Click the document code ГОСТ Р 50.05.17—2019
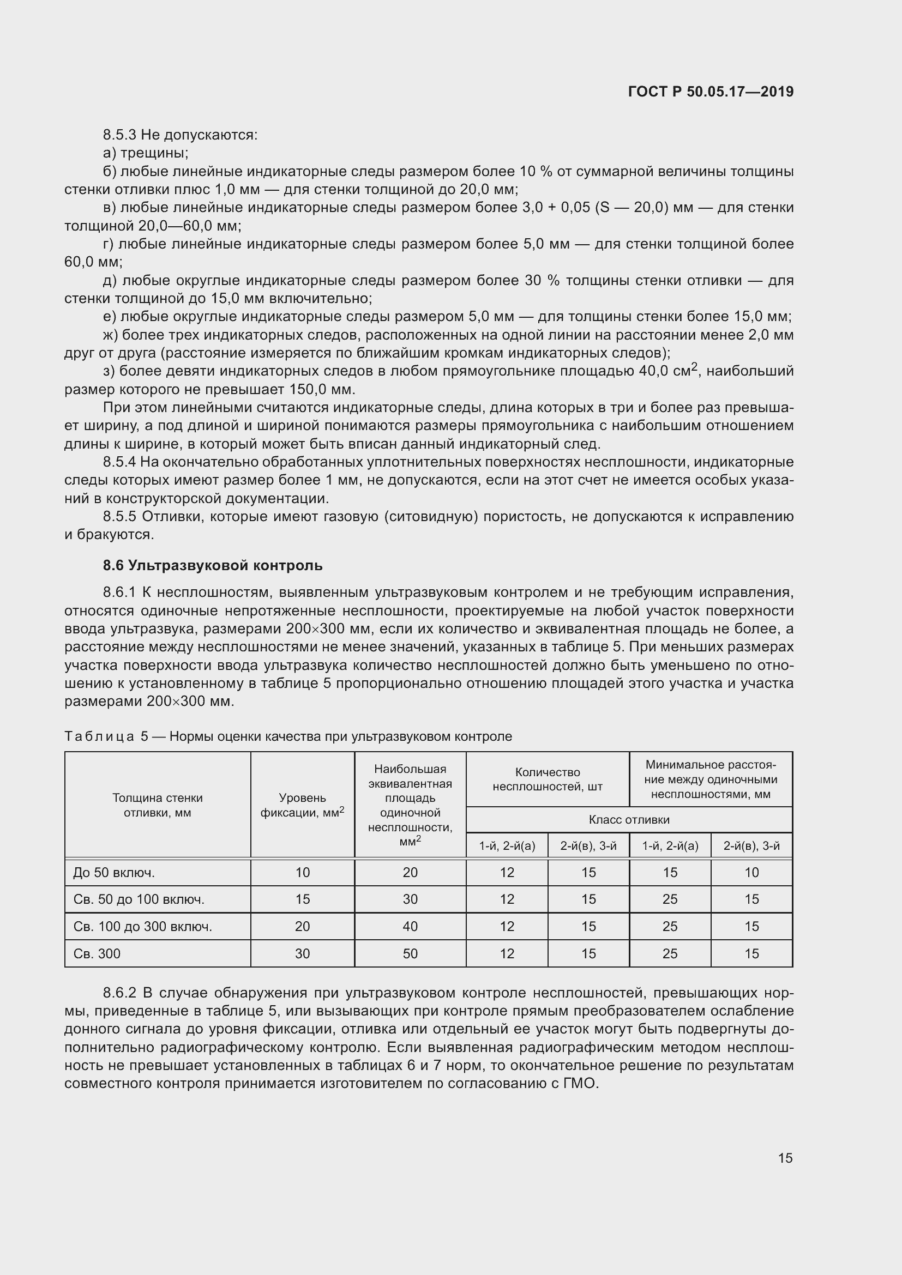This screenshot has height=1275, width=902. [711, 92]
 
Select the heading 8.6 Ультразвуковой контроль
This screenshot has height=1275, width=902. [212, 565]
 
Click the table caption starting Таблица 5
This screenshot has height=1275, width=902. [288, 736]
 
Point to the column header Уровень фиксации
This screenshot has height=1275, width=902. [302, 805]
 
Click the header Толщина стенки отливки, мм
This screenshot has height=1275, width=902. [157, 805]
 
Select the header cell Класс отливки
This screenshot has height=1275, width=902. [629, 820]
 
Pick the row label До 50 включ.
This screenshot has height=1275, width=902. [114, 872]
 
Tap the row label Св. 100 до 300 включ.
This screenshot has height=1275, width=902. [142, 926]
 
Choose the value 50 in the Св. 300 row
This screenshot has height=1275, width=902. [410, 953]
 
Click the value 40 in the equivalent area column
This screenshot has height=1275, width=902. [410, 926]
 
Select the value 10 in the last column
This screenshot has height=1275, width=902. [751, 872]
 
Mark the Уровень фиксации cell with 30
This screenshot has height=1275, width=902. [302, 953]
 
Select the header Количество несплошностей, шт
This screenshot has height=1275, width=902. [547, 779]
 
